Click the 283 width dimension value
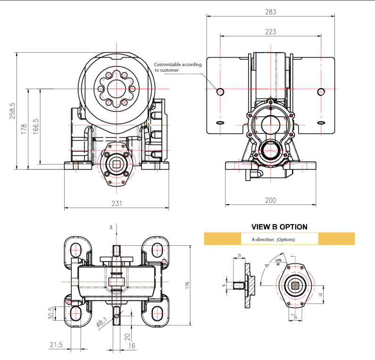[270, 12]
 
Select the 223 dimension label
[270, 32]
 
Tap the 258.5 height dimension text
[13, 110]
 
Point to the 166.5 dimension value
[36, 126]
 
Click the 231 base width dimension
[117, 203]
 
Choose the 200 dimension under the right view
[270, 201]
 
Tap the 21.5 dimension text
[56, 345]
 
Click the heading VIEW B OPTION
[279, 227]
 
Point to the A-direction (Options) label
[273, 239]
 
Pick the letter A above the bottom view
[111, 227]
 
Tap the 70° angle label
[267, 266]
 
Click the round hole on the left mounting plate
[220, 91]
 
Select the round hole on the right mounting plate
[321, 91]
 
